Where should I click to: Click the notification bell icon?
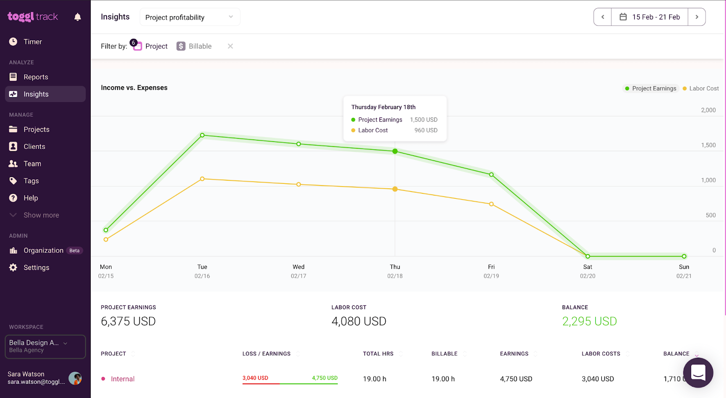(x=78, y=17)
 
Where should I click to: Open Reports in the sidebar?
(x=35, y=77)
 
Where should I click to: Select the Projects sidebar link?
(x=36, y=129)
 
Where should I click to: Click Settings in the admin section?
(x=36, y=268)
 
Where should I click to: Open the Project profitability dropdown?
(x=190, y=17)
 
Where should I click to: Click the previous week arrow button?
(x=603, y=17)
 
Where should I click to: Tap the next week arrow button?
(x=697, y=17)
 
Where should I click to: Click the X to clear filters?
(x=231, y=46)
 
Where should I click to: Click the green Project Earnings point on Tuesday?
(x=202, y=135)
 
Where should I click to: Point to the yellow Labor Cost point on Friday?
(x=491, y=204)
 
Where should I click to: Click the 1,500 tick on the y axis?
(x=708, y=145)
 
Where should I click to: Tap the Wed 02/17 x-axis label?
(x=299, y=271)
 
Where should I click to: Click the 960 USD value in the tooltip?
(x=426, y=130)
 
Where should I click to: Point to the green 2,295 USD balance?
(x=589, y=321)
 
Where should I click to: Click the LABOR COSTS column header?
(x=601, y=354)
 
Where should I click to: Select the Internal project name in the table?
(x=123, y=379)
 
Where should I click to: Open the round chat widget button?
(x=698, y=373)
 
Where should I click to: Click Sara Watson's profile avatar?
(x=75, y=378)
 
